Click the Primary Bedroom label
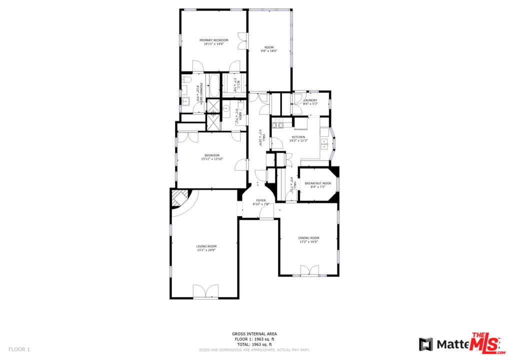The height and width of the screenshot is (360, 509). [213, 40]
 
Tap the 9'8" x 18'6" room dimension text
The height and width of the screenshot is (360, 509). [268, 51]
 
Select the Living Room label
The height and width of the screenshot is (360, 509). [206, 246]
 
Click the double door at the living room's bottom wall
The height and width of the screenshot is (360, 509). [206, 291]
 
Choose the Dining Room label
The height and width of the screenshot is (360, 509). [308, 238]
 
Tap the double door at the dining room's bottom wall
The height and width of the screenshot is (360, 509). [309, 270]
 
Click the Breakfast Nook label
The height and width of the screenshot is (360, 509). [318, 183]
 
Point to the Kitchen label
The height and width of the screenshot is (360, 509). [298, 137]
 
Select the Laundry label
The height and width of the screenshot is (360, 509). [310, 100]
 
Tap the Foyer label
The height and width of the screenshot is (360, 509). [261, 200]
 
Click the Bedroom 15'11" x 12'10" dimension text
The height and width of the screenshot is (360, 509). [212, 159]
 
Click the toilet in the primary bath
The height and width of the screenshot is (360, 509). [186, 79]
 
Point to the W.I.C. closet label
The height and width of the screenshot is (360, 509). [238, 85]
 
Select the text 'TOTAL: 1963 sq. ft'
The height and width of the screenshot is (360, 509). [254, 344]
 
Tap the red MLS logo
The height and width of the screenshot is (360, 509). [485, 343]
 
